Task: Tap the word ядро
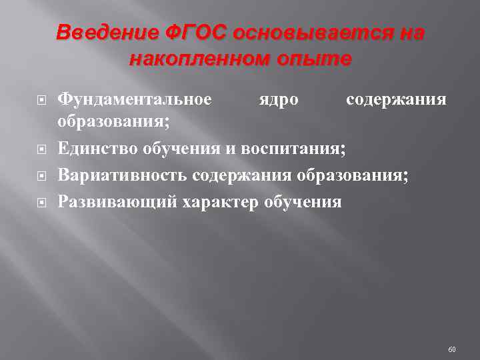pyautogui.click(x=279, y=99)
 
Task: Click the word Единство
pyautogui.click(x=97, y=147)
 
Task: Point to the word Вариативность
pyautogui.click(x=123, y=175)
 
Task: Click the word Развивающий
pyautogui.click(x=116, y=201)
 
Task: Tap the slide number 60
pyautogui.click(x=452, y=349)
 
